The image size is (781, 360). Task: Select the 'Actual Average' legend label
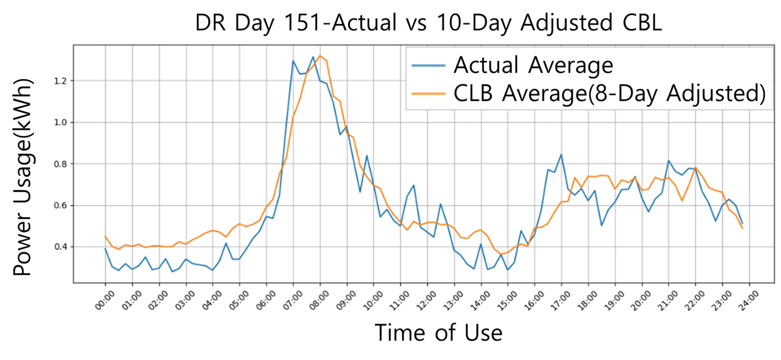pyautogui.click(x=533, y=65)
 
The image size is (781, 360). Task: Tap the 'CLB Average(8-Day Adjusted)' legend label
pyautogui.click(x=609, y=94)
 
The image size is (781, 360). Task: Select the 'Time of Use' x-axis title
pyautogui.click(x=439, y=332)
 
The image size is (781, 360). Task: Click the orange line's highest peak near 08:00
pyautogui.click(x=320, y=56)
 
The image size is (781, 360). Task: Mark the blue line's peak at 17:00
pyautogui.click(x=561, y=154)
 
